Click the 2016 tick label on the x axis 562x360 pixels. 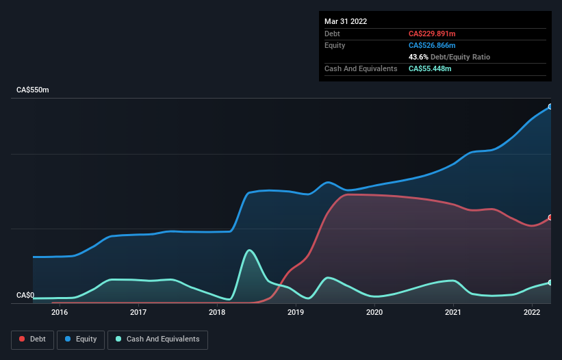click(60, 312)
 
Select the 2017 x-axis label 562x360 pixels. click(138, 312)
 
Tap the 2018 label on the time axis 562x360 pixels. click(217, 312)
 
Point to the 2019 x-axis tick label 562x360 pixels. click(296, 312)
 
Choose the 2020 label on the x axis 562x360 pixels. click(374, 312)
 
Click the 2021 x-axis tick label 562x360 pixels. click(453, 312)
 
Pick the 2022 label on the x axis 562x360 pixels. click(532, 312)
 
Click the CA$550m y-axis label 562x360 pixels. click(33, 90)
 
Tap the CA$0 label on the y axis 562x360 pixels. click(25, 295)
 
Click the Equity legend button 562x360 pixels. click(81, 339)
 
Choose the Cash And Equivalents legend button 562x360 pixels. click(157, 339)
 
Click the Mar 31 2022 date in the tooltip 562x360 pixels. click(346, 21)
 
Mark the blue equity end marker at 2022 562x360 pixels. click(550, 107)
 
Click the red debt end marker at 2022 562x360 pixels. click(550, 218)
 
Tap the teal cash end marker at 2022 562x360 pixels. click(550, 282)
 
